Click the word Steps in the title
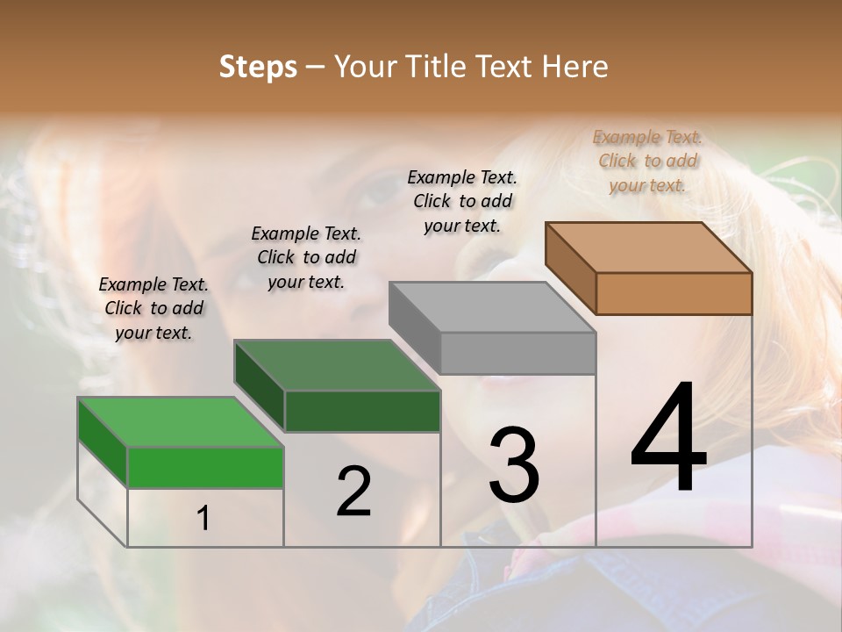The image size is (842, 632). point(258,67)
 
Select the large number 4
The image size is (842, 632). point(668,439)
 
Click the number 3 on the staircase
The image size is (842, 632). point(513,465)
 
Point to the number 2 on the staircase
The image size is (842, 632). point(353,492)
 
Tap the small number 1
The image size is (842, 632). point(203,519)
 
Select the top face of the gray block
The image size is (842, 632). point(491,307)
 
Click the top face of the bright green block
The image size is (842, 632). point(181,422)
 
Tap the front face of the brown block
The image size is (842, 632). point(674,293)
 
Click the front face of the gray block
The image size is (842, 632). point(517,353)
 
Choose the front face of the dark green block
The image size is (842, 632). point(362,411)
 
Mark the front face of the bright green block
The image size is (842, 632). point(205,467)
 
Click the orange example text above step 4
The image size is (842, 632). point(647,161)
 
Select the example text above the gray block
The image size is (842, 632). point(462,201)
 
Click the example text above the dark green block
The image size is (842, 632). point(306,257)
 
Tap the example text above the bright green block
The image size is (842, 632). point(153,308)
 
